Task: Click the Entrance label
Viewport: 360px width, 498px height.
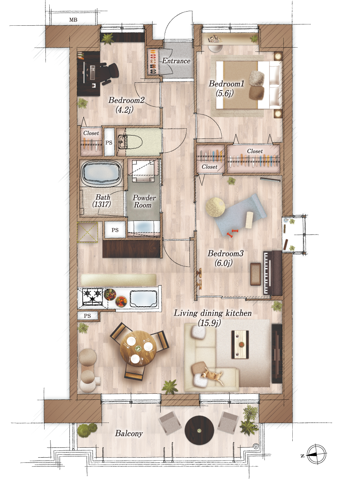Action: (x=176, y=60)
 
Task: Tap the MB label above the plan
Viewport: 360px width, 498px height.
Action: (x=73, y=20)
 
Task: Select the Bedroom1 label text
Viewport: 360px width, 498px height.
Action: (x=226, y=84)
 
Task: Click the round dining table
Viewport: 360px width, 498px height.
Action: (x=138, y=349)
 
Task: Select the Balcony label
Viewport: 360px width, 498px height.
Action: (x=129, y=433)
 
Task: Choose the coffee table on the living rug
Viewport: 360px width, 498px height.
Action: (x=240, y=344)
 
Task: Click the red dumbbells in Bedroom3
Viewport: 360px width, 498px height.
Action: (x=232, y=233)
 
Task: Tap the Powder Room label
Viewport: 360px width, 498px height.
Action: (x=144, y=201)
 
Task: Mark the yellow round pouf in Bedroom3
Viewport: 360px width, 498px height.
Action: (x=215, y=207)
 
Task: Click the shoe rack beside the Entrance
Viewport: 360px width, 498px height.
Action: (x=153, y=62)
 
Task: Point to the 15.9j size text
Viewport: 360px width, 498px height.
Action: (x=209, y=323)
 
